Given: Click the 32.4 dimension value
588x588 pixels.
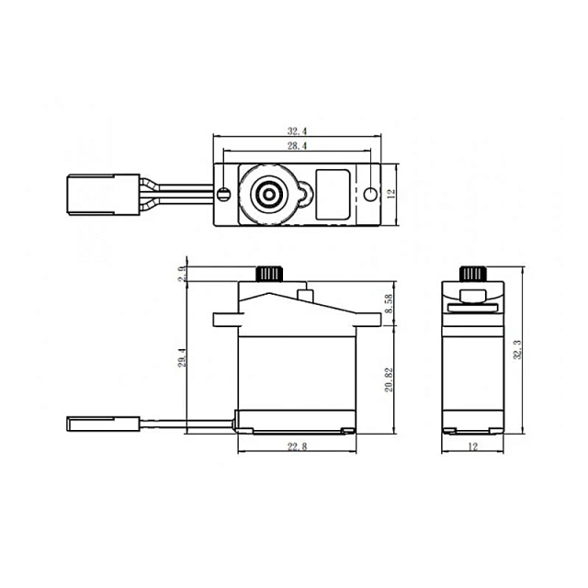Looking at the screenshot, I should click(297, 131).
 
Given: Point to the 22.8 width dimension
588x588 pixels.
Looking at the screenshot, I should click(297, 447).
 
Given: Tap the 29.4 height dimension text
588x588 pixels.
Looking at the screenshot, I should click(182, 356).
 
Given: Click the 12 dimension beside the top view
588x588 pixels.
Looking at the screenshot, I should click(390, 194).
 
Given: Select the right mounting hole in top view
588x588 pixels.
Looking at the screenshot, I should click(369, 194).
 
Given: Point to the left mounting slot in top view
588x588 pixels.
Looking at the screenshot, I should click(224, 194).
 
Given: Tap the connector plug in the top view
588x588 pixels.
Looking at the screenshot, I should click(87, 194).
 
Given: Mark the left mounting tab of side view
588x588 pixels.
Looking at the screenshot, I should click(225, 320).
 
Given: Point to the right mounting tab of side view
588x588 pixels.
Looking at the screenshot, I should click(368, 320).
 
